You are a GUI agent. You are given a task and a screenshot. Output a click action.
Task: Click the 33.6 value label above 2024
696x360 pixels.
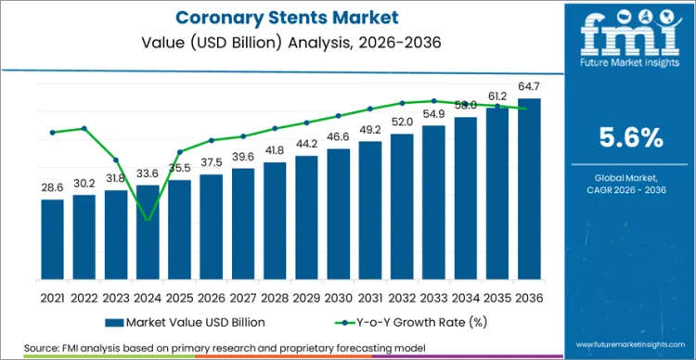[x=148, y=173]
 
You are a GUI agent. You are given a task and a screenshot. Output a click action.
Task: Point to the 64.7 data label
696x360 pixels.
[x=529, y=86]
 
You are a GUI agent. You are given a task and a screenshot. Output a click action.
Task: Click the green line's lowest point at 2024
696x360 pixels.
[x=148, y=220]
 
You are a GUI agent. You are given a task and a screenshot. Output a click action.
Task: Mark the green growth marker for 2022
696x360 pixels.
[x=84, y=128]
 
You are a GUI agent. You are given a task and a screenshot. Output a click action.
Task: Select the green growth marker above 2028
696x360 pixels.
[x=275, y=128]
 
